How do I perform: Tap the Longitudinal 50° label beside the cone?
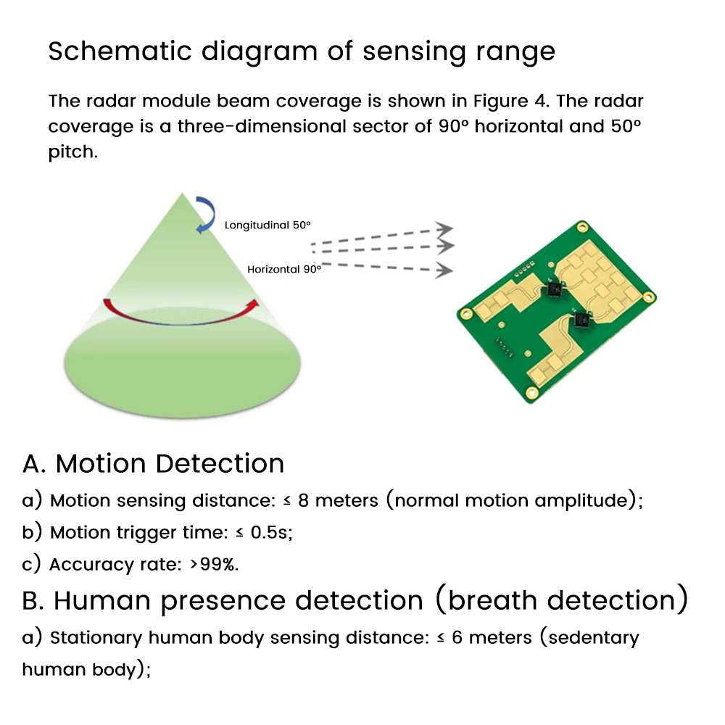[x=268, y=225]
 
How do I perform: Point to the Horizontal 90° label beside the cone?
[x=283, y=269]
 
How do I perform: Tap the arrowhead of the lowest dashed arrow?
[x=442, y=271]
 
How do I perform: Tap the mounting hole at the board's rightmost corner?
[x=650, y=297]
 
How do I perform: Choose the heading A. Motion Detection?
[x=154, y=463]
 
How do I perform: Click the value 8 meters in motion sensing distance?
[x=336, y=501]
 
